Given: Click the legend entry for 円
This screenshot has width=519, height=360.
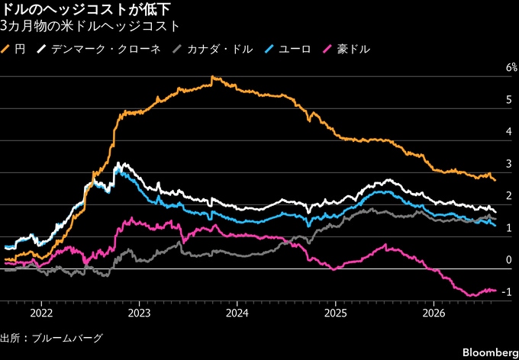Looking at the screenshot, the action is point(13,50).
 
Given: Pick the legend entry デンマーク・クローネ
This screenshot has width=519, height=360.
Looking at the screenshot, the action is point(99,50).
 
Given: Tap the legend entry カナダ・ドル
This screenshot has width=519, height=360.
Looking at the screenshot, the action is point(213,50).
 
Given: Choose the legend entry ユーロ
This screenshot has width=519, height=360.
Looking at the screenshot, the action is point(288,50).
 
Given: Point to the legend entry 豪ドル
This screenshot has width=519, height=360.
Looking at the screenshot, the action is point(346,50).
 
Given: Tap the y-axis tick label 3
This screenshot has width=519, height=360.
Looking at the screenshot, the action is point(509,164).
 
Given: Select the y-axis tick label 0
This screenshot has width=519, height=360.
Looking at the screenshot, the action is point(509,260).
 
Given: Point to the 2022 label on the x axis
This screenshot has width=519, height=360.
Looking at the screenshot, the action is point(41,313).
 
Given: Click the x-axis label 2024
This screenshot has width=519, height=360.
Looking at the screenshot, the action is point(237,313).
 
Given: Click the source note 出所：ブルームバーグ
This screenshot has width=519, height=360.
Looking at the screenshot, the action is point(51,339).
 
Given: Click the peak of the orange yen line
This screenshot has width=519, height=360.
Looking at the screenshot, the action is point(212,77).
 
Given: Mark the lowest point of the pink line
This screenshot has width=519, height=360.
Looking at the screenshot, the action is point(472,295).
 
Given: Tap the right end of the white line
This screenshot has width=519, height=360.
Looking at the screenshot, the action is point(495,212).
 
